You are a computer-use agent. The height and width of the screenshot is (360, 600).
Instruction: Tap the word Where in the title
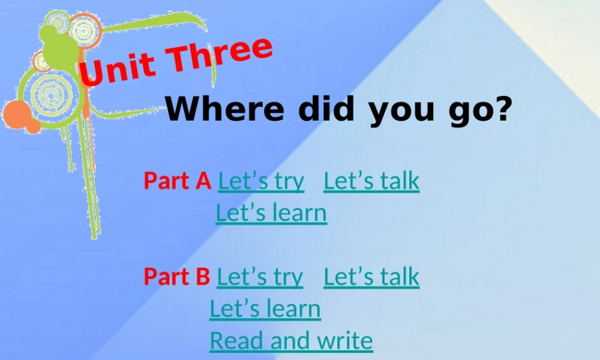[229, 109]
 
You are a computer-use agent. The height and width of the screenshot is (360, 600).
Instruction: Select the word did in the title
[327, 109]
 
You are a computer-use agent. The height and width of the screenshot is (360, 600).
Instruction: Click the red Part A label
[177, 181]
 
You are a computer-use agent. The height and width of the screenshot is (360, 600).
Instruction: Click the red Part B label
[176, 277]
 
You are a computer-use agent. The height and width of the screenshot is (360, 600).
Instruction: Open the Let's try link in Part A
[261, 181]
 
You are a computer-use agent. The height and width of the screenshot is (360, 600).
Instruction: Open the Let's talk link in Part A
[371, 181]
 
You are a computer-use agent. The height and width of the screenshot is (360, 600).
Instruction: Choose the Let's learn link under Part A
[271, 212]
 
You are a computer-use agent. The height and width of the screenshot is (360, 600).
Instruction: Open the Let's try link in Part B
[260, 277]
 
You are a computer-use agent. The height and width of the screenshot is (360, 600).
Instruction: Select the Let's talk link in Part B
[371, 277]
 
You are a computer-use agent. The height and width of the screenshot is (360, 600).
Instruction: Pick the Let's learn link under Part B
[265, 308]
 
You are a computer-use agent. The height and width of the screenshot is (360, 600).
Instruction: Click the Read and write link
[291, 340]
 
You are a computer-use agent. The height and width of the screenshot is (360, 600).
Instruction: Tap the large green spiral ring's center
[51, 93]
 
